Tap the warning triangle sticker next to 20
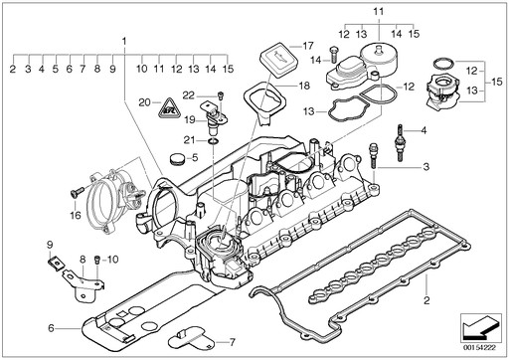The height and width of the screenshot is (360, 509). (169, 108)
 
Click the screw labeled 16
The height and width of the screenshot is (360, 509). (77, 192)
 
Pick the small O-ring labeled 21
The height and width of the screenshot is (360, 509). (212, 141)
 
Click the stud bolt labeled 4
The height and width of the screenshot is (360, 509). (400, 142)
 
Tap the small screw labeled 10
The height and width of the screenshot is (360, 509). (97, 260)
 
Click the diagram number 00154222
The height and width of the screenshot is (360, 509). (479, 348)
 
